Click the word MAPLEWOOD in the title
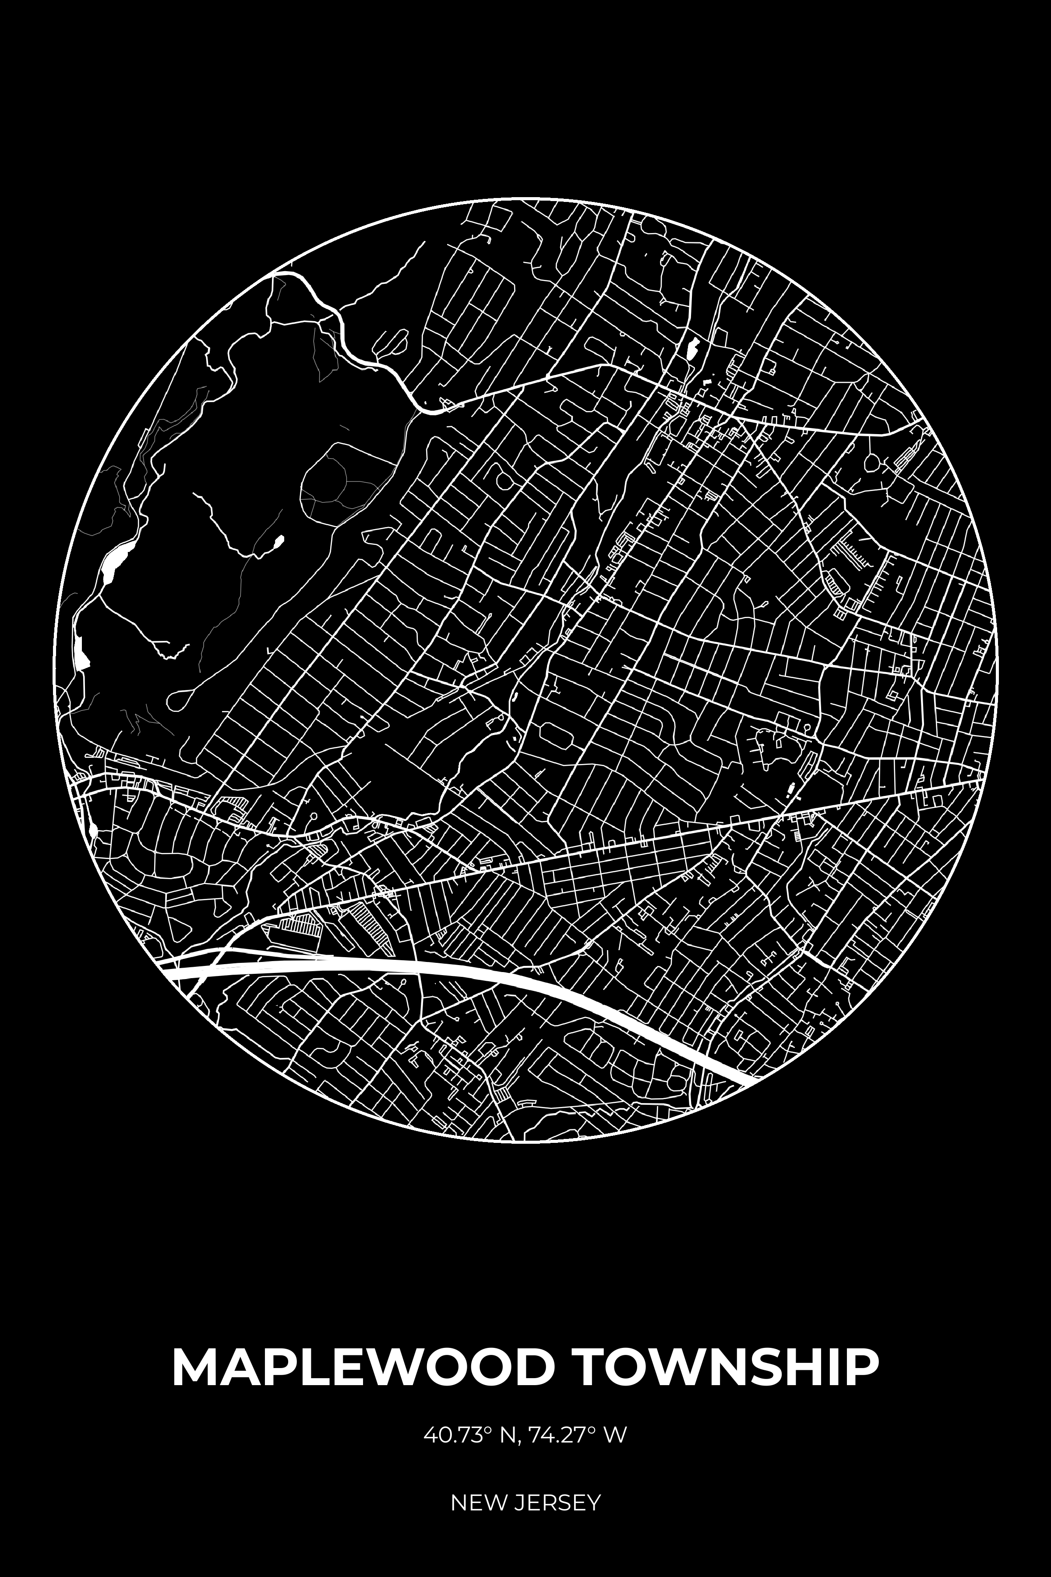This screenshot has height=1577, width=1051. point(363,1366)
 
